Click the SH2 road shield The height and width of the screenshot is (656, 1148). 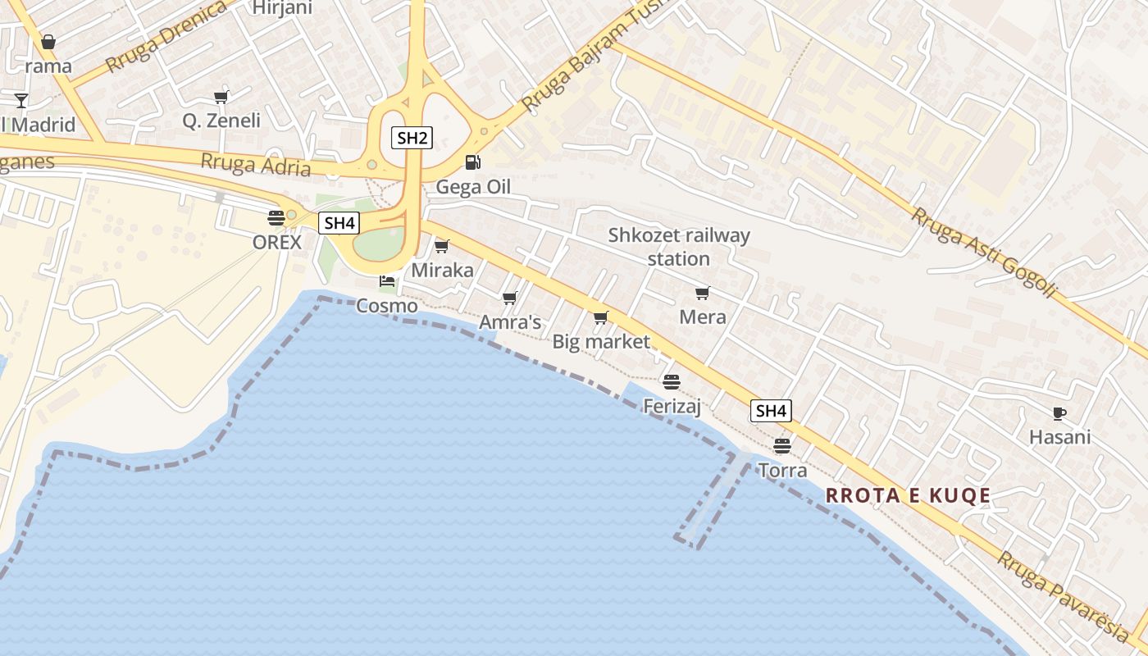[412, 138]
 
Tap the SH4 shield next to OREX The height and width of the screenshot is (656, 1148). [339, 222]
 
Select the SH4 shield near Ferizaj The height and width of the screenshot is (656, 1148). [771, 411]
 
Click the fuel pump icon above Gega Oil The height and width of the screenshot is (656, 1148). [472, 162]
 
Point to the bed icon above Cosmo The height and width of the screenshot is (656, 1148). [387, 281]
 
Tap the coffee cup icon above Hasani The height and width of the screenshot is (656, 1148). [1059, 413]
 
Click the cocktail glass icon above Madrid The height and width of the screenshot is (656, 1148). [21, 101]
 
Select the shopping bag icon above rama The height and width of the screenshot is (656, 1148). [48, 42]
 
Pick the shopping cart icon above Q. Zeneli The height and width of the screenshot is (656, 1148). [221, 98]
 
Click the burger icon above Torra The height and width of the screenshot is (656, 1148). [782, 446]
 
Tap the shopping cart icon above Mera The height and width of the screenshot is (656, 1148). [702, 293]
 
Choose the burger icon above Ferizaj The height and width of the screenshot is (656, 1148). [672, 381]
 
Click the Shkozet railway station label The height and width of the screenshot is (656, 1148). [679, 247]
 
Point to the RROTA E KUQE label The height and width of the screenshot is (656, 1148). [909, 495]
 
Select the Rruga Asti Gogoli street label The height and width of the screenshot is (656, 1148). [984, 252]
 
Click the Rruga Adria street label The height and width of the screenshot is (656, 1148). [256, 165]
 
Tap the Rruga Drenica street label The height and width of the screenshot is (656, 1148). [166, 36]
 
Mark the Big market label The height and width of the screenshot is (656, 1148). [601, 342]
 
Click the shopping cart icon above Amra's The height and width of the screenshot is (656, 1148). [510, 298]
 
